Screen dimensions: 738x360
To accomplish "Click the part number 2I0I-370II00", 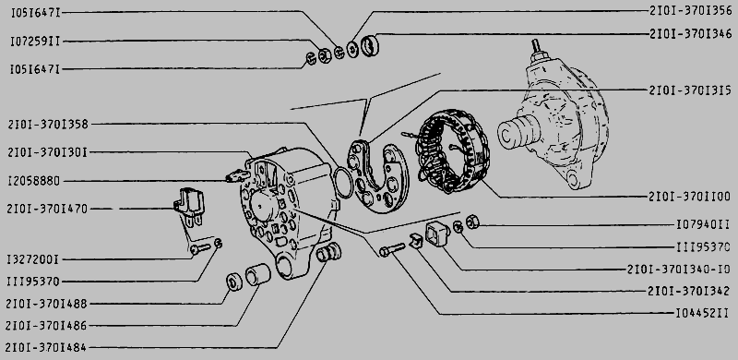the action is tap(689, 197).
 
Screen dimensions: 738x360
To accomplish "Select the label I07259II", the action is tap(35, 42).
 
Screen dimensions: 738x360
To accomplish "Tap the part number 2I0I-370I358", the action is tap(48, 125).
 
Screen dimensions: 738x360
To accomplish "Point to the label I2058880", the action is tap(34, 181).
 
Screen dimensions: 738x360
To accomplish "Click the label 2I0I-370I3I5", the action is tap(690, 90).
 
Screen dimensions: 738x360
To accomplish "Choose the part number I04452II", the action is tap(702, 313).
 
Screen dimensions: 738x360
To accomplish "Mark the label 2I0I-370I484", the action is tap(46, 348).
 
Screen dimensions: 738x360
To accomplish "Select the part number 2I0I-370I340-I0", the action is tap(679, 269).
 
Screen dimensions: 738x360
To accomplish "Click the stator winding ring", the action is tap(453, 150).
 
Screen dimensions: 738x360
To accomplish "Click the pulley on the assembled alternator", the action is tap(518, 132).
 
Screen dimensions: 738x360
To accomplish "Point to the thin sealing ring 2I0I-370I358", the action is tap(342, 182).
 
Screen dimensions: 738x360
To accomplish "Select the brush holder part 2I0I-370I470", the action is tap(190, 207).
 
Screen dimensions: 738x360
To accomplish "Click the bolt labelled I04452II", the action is tap(391, 249).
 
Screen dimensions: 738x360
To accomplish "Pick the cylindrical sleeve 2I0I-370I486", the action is tap(258, 275).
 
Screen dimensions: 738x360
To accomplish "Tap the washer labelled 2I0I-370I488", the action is tap(234, 282).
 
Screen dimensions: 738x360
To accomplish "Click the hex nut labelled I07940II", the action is tap(472, 221).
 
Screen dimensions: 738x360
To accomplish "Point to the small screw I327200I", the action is tap(200, 248).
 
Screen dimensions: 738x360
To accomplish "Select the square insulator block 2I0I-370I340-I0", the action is tap(437, 234).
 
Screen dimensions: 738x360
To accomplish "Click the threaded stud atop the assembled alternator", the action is tap(536, 47).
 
